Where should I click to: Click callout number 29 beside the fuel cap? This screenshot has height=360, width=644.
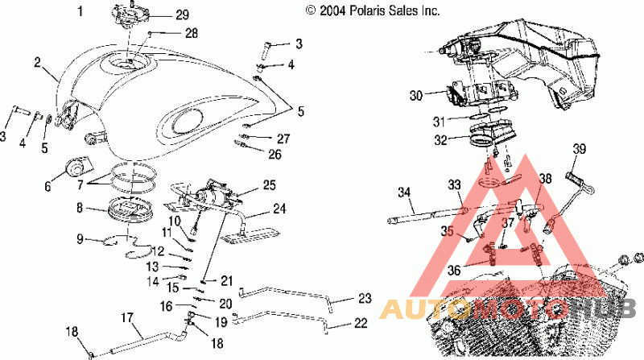point(182,14)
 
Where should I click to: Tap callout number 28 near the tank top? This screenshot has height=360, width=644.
point(192,33)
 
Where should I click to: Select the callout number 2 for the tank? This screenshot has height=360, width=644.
point(37,63)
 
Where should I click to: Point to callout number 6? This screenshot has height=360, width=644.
point(48,187)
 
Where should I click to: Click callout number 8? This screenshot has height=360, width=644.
point(80,208)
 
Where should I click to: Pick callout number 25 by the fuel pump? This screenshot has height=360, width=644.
point(269,185)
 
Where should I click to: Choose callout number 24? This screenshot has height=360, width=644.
point(279,209)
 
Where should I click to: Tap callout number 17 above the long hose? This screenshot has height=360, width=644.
point(127,317)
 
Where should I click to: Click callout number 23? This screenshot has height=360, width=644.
point(365,298)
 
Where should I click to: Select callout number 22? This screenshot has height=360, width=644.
point(360,323)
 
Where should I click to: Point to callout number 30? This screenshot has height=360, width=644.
point(416,95)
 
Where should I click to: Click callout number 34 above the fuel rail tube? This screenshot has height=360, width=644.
point(405,192)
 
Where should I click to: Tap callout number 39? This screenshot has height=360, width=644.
point(580,149)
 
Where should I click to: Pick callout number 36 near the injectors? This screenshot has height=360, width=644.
point(454,271)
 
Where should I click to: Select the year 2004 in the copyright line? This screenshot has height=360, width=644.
point(333,10)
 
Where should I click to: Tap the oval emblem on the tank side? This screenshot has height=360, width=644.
point(186,121)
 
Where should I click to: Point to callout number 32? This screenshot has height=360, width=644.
point(440,139)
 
